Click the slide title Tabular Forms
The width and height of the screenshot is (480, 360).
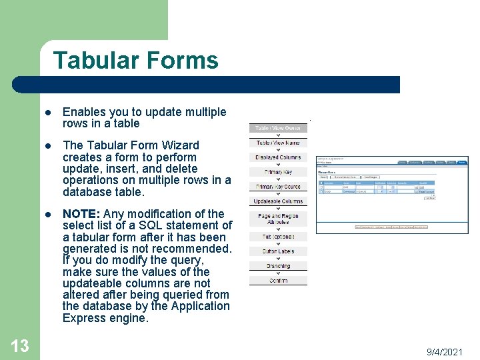pyautogui.click(x=135, y=61)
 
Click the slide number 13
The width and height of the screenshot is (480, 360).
pyautogui.click(x=20, y=345)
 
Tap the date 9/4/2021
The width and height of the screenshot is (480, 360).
pyautogui.click(x=445, y=351)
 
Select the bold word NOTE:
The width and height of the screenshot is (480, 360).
pyautogui.click(x=81, y=214)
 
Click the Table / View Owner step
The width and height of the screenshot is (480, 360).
pyautogui.click(x=278, y=128)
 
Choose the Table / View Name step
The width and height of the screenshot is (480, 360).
pyautogui.click(x=278, y=143)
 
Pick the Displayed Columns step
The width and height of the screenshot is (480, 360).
pyautogui.click(x=278, y=157)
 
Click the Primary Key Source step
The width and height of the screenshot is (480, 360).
pyautogui.click(x=278, y=187)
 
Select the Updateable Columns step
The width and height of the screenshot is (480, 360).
pyautogui.click(x=278, y=201)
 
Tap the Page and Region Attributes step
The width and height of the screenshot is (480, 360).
pyautogui.click(x=278, y=219)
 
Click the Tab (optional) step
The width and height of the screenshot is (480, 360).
pyautogui.click(x=278, y=237)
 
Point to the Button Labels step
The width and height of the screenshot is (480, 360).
pyautogui.click(x=278, y=251)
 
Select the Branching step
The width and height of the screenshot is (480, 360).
pyautogui.click(x=278, y=266)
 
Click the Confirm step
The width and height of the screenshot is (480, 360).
pyautogui.click(x=278, y=281)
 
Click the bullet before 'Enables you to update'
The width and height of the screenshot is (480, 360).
pyautogui.click(x=49, y=113)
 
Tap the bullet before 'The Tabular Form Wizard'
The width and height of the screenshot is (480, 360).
pyautogui.click(x=49, y=146)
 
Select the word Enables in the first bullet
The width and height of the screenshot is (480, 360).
pyautogui.click(x=83, y=112)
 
